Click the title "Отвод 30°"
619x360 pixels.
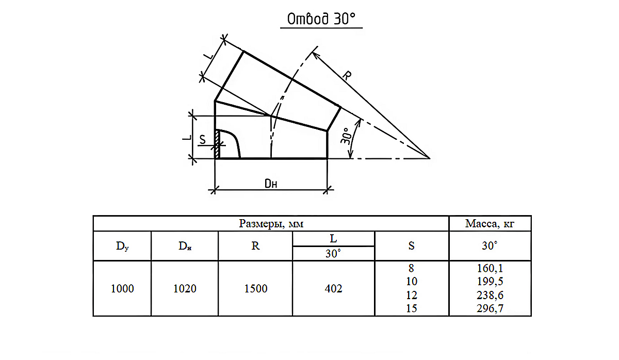tap(321, 19)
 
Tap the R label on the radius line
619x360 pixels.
tap(347, 75)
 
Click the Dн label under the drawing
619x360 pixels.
tap(271, 184)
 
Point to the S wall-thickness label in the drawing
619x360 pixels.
tap(203, 140)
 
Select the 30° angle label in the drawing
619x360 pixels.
tap(346, 136)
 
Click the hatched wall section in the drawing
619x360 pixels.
tap(218, 144)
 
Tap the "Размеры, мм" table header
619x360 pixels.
tap(271, 223)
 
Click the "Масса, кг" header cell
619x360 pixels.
tap(490, 223)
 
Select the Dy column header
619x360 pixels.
tap(122, 246)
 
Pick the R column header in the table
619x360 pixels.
tap(255, 246)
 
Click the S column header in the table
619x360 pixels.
tap(412, 246)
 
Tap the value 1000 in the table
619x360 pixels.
tap(122, 289)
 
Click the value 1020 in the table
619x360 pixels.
tap(185, 289)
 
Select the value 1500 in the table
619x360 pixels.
tap(256, 289)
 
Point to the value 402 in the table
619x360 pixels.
tap(334, 289)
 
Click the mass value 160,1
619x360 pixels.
tap(490, 268)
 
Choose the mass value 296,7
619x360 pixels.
tap(490, 308)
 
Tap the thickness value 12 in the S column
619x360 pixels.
tap(412, 296)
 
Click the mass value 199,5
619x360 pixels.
tap(490, 282)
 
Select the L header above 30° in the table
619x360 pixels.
tap(334, 238)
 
